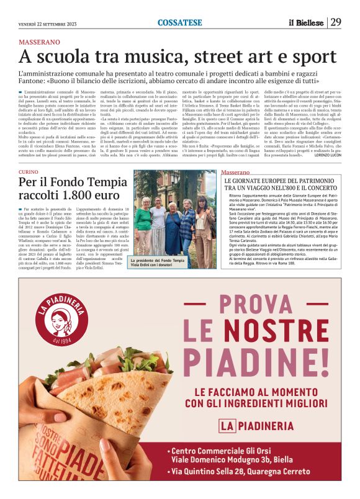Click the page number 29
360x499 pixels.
click(336, 22)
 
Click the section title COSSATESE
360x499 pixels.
click(179, 22)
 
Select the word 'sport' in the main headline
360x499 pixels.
click(295, 57)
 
